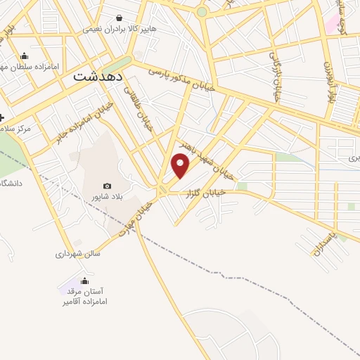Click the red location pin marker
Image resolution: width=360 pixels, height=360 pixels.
point(181,166)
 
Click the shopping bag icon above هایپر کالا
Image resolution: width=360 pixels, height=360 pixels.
point(118,18)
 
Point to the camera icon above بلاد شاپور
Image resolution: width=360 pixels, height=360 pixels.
point(107,186)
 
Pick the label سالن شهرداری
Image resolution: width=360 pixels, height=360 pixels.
point(78,253)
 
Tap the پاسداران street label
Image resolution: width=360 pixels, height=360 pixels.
point(326,238)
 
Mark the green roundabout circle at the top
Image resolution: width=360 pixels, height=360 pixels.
point(202,12)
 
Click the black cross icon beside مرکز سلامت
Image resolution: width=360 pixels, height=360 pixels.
point(3,117)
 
